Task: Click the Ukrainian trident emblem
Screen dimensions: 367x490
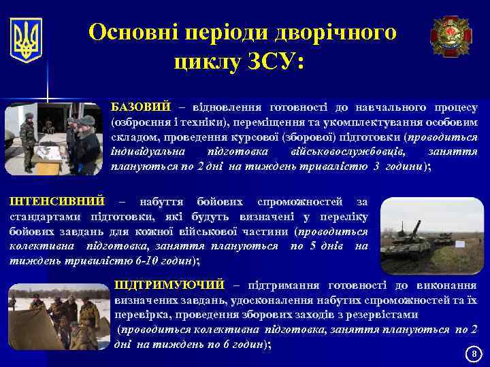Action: coord(27,40)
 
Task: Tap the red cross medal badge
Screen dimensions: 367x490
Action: coord(450,36)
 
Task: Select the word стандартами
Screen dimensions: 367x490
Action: coord(40,216)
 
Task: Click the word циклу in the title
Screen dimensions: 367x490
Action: coord(203,62)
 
